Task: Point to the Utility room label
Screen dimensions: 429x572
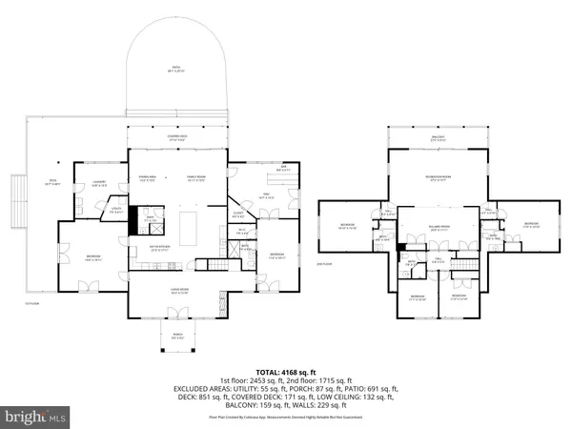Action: click(x=117, y=211)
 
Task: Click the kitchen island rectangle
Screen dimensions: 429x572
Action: click(x=188, y=228)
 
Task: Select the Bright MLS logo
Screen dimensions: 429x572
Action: click(x=36, y=417)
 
